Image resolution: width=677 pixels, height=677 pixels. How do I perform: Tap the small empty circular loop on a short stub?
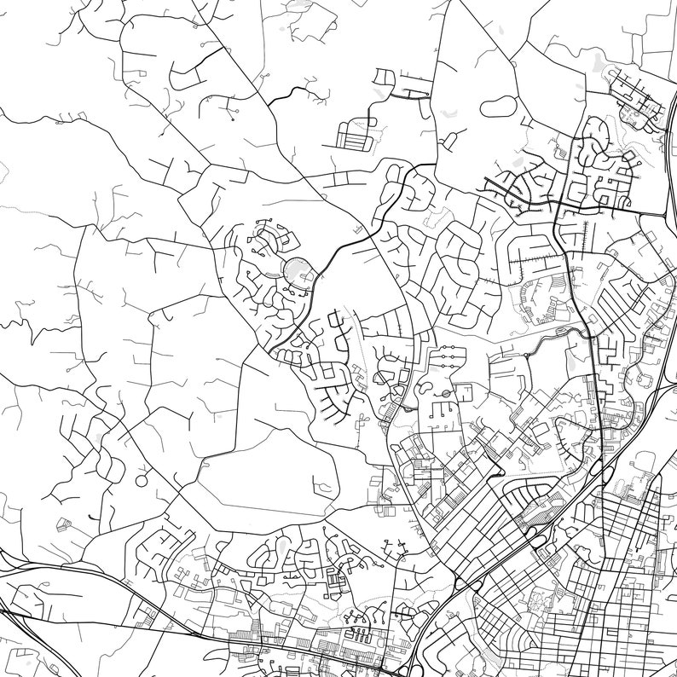tap(141, 481)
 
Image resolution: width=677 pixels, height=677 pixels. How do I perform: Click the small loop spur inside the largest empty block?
tap(324, 486)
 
